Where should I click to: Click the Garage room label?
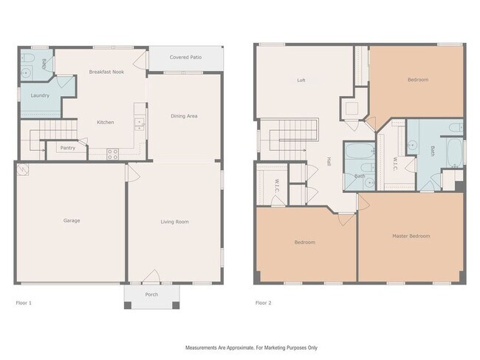pos(72,220)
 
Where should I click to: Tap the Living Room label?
pos(175,222)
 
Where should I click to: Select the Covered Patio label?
pos(185,58)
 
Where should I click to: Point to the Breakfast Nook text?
pos(106,72)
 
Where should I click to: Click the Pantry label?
pos(68,148)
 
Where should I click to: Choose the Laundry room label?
pos(40,95)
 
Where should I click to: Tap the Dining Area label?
pos(184,116)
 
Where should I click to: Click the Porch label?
pos(151,295)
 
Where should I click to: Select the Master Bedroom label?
pos(411,237)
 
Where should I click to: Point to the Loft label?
pos(301,81)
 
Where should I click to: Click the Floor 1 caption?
pos(24,303)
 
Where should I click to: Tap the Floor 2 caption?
pos(264,303)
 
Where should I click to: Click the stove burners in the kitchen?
pos(112,154)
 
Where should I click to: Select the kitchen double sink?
pos(140,124)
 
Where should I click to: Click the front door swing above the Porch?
pos(151,276)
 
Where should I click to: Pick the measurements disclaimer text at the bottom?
pos(251,347)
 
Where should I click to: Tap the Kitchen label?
pos(106,122)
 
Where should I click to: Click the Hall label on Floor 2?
pos(329,162)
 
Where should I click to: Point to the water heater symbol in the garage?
pos(24,169)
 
